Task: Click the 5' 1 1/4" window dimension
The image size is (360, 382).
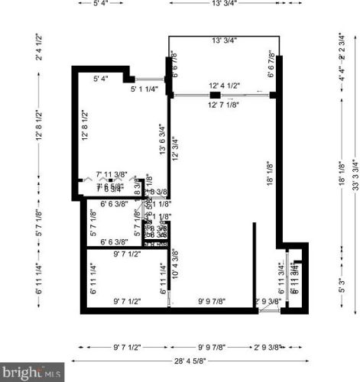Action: click(x=144, y=89)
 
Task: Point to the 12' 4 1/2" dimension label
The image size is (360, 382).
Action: click(x=225, y=86)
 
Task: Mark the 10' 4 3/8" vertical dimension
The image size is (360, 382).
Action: click(x=175, y=262)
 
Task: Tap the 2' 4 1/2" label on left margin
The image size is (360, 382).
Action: click(x=37, y=47)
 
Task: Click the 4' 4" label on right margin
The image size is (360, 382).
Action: click(x=342, y=78)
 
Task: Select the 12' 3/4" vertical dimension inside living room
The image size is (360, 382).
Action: click(x=175, y=147)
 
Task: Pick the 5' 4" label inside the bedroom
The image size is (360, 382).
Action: click(x=100, y=78)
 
